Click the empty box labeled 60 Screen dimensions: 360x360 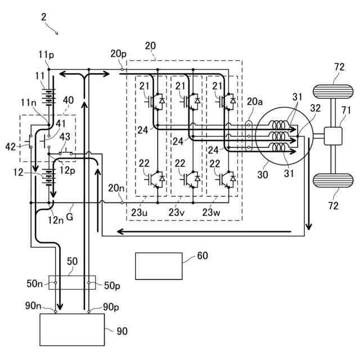[x=159, y=265]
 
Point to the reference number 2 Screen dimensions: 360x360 [x=44, y=16]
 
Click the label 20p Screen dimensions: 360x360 [x=118, y=53]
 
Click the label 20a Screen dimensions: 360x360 [x=254, y=101]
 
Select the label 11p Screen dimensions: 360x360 [x=46, y=54]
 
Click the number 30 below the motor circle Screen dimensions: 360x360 [x=263, y=175]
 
